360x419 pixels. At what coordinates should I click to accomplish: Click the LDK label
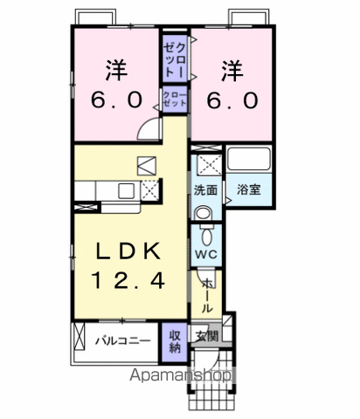(128, 251)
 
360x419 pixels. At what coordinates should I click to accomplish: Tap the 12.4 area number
(128, 280)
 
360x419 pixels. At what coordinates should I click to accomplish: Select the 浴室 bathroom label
(248, 189)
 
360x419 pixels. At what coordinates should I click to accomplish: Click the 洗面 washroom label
(206, 190)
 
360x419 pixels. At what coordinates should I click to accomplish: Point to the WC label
(206, 254)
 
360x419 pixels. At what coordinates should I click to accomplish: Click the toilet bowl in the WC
(206, 236)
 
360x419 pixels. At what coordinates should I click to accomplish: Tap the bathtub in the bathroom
(248, 159)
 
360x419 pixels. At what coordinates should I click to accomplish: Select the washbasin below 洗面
(203, 213)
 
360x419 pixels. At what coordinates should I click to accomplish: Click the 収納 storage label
(175, 341)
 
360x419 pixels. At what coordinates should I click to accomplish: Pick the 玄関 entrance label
(207, 336)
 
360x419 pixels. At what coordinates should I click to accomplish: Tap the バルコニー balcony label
(123, 340)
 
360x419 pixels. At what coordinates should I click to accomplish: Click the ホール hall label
(206, 295)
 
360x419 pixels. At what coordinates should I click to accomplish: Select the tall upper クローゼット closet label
(174, 60)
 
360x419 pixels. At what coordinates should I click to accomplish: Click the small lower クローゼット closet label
(174, 100)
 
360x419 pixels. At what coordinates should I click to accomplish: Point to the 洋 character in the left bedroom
(116, 70)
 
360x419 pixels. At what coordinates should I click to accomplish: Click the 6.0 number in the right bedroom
(232, 100)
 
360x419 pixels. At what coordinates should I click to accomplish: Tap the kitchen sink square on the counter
(127, 191)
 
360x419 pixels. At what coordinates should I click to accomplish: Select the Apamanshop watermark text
(181, 375)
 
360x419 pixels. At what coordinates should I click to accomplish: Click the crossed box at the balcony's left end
(79, 336)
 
